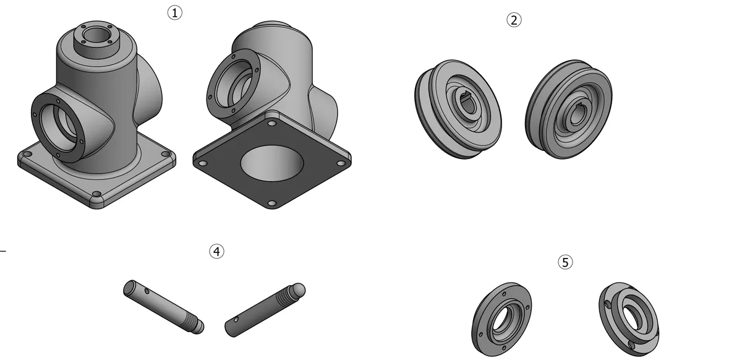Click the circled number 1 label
[x=174, y=13]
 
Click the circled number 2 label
[x=514, y=20]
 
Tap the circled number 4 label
[x=216, y=252]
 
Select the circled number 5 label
[x=565, y=262]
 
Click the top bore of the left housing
[x=96, y=35]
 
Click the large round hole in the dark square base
[x=271, y=163]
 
